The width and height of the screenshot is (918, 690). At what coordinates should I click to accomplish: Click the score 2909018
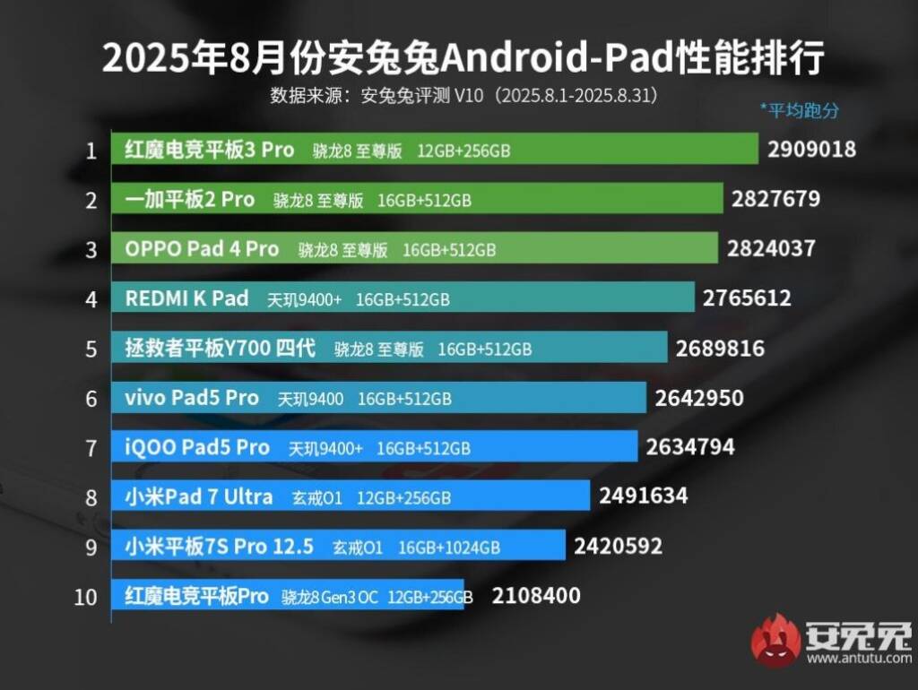[x=811, y=150]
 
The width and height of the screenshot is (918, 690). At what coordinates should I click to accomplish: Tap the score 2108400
[x=536, y=595]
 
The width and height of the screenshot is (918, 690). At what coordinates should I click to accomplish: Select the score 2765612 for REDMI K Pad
[x=747, y=298]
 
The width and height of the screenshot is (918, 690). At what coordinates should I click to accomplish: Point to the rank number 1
[x=90, y=151]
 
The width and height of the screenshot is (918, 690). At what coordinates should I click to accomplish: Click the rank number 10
[x=86, y=597]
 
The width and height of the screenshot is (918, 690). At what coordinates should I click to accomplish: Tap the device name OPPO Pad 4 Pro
[x=202, y=249]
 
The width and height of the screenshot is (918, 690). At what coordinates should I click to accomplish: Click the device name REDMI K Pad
[x=186, y=298]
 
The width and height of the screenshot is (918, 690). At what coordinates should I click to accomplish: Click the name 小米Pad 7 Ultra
[x=199, y=496]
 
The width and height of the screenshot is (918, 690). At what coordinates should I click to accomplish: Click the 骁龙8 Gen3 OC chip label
[x=330, y=597]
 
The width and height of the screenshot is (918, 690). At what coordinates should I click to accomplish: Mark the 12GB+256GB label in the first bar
[x=463, y=151]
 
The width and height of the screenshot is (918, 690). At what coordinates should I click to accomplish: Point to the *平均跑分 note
[x=800, y=110]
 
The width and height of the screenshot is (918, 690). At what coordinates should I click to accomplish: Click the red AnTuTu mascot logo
[x=775, y=640]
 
